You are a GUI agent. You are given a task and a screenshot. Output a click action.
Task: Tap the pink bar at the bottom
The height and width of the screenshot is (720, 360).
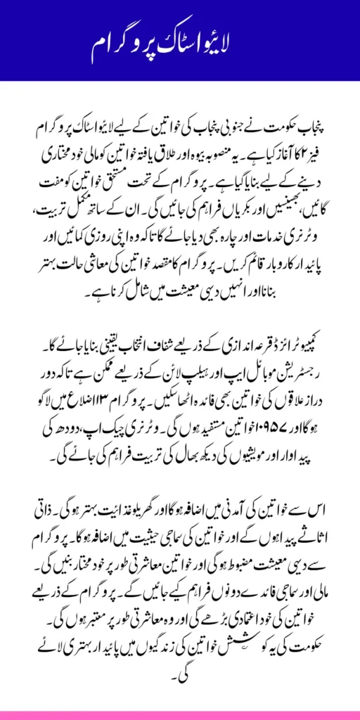coord(179,715)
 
